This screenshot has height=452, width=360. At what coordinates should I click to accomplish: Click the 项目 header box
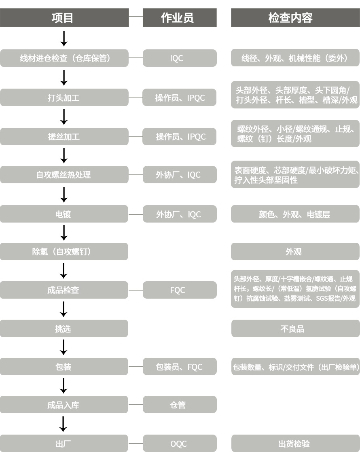(x=64, y=18)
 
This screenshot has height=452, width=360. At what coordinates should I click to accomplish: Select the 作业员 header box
(x=180, y=18)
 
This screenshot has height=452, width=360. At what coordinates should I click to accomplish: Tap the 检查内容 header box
(x=295, y=18)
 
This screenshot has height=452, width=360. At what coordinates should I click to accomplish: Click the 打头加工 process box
(x=64, y=98)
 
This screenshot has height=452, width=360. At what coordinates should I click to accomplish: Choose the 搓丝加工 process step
(x=64, y=137)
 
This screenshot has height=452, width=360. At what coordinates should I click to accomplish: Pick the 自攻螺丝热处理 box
(x=64, y=175)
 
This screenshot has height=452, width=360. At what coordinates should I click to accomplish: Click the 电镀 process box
(x=64, y=214)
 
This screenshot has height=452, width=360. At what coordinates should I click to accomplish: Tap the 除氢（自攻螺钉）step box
(x=64, y=252)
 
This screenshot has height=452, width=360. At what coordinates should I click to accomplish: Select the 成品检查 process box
(x=64, y=290)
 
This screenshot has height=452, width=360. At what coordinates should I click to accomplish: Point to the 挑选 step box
(x=64, y=329)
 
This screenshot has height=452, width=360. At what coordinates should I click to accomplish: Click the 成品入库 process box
(x=64, y=405)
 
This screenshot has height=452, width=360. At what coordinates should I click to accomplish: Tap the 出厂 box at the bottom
(x=64, y=444)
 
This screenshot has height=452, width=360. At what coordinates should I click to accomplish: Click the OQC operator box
(x=180, y=444)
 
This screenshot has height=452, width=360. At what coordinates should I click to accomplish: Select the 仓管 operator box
(x=180, y=405)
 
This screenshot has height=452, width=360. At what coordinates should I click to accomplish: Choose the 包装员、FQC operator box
(x=180, y=367)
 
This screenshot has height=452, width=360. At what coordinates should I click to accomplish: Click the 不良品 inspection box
(x=295, y=329)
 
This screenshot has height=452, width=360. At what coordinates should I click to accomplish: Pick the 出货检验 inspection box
(x=295, y=444)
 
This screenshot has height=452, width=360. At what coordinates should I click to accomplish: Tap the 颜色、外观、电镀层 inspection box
(x=295, y=214)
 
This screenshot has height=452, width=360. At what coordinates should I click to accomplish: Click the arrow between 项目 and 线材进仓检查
(x=64, y=38)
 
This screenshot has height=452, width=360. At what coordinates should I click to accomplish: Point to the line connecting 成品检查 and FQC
(x=136, y=290)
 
